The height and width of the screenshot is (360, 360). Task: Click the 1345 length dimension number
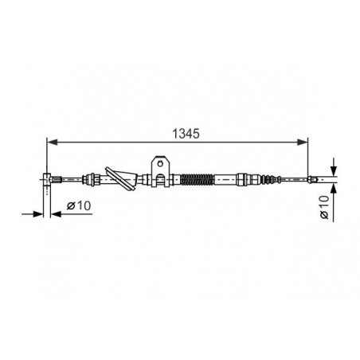[186, 134]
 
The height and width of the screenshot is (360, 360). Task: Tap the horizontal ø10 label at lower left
[79, 205]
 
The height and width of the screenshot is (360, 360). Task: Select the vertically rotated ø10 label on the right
[324, 207]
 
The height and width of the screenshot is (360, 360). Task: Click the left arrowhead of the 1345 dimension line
[52, 143]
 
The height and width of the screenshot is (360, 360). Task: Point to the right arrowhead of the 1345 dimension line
[303, 143]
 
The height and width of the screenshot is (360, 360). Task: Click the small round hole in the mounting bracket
[160, 163]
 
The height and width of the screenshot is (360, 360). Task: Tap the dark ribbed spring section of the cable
[197, 179]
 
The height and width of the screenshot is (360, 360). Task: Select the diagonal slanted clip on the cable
[121, 178]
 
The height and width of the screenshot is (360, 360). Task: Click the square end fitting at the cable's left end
[47, 179]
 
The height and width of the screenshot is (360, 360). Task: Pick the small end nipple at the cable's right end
[312, 179]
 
